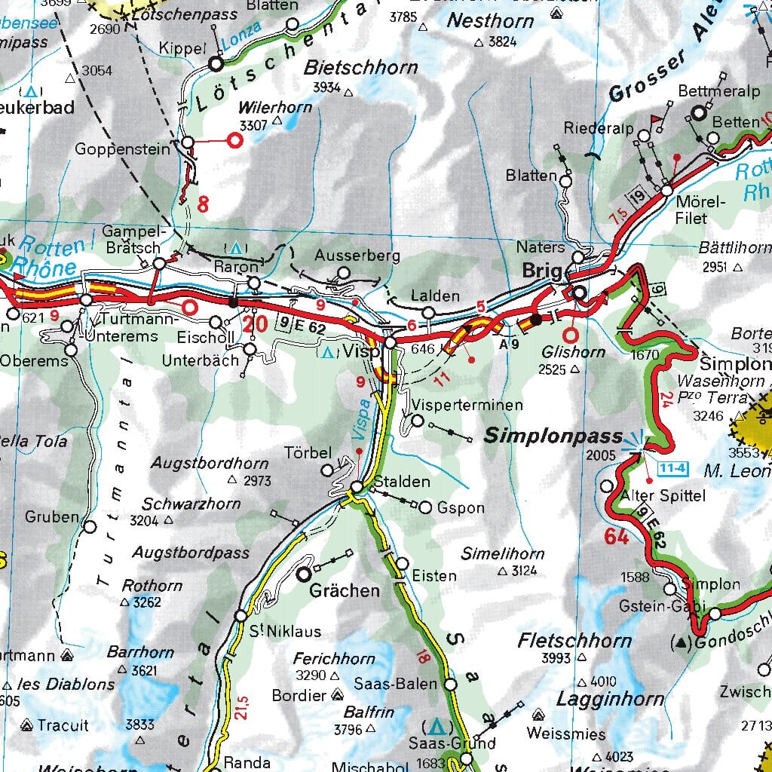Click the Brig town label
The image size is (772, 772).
(x=542, y=271)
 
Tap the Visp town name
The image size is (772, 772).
(x=361, y=351)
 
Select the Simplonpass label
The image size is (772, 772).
(x=553, y=436)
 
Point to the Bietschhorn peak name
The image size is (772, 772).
(x=360, y=68)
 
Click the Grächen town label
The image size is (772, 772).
(x=345, y=590)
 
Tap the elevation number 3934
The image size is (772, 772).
(x=327, y=87)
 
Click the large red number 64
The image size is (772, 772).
(x=616, y=538)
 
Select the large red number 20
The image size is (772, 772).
(x=255, y=324)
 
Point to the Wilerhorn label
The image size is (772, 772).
(x=274, y=107)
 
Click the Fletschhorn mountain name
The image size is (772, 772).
(x=574, y=642)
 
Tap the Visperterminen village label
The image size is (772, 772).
(x=467, y=406)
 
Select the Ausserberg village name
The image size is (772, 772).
(x=357, y=256)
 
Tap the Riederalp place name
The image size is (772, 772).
(x=599, y=128)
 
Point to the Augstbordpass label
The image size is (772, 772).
(x=191, y=553)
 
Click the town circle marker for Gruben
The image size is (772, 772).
(x=90, y=527)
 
